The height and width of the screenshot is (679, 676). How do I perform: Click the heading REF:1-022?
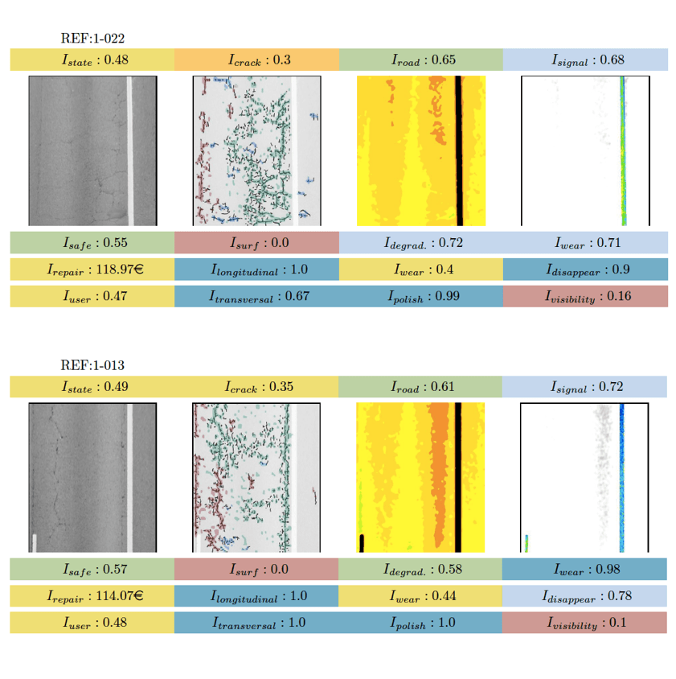92,38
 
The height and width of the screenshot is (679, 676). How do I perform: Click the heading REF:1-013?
92,364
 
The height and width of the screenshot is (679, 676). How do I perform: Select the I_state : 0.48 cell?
92,60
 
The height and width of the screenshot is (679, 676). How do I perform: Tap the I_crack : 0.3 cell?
256,60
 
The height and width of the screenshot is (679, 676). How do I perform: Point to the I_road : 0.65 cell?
421,60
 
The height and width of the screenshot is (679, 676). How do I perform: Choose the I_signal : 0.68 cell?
585,60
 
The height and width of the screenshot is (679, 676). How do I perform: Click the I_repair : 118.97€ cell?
92,270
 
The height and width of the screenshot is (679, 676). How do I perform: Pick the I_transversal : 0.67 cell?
256,297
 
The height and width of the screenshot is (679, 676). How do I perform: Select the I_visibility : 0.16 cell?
585,297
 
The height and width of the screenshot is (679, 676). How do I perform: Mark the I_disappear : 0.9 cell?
585,270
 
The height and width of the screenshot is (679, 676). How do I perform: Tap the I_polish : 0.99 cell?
421,297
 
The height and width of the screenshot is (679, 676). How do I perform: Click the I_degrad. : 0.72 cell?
421,242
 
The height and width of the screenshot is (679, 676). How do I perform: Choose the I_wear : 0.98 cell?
585,570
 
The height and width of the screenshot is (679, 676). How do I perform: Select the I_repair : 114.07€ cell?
92,596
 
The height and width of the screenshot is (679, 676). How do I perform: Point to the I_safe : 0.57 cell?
92,570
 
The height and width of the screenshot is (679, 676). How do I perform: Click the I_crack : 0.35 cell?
256,386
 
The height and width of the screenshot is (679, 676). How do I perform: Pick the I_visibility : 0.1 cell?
585,623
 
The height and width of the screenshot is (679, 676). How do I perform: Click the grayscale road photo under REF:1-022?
92,150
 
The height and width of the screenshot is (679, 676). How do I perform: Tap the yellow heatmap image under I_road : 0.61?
420,478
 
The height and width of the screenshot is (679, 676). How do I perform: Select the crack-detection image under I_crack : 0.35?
256,478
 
